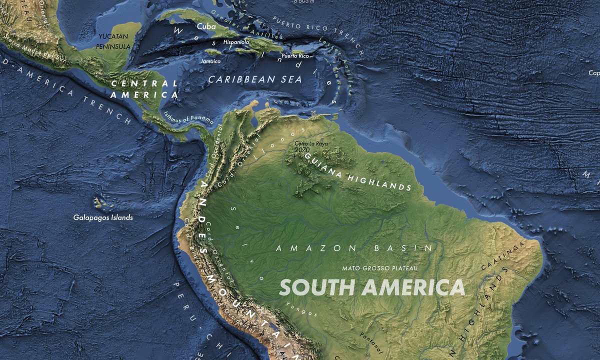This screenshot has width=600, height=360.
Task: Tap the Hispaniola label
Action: pos(236,42)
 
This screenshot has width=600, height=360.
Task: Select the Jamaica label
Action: pos(210,60)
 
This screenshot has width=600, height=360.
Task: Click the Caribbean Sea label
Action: pos(255,79)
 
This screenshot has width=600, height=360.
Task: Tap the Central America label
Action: pos(144,88)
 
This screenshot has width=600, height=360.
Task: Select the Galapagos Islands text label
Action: pos(103,217)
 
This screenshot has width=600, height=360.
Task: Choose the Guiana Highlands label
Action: pos(357,172)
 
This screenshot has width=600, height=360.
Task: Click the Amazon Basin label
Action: pos(354,248)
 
